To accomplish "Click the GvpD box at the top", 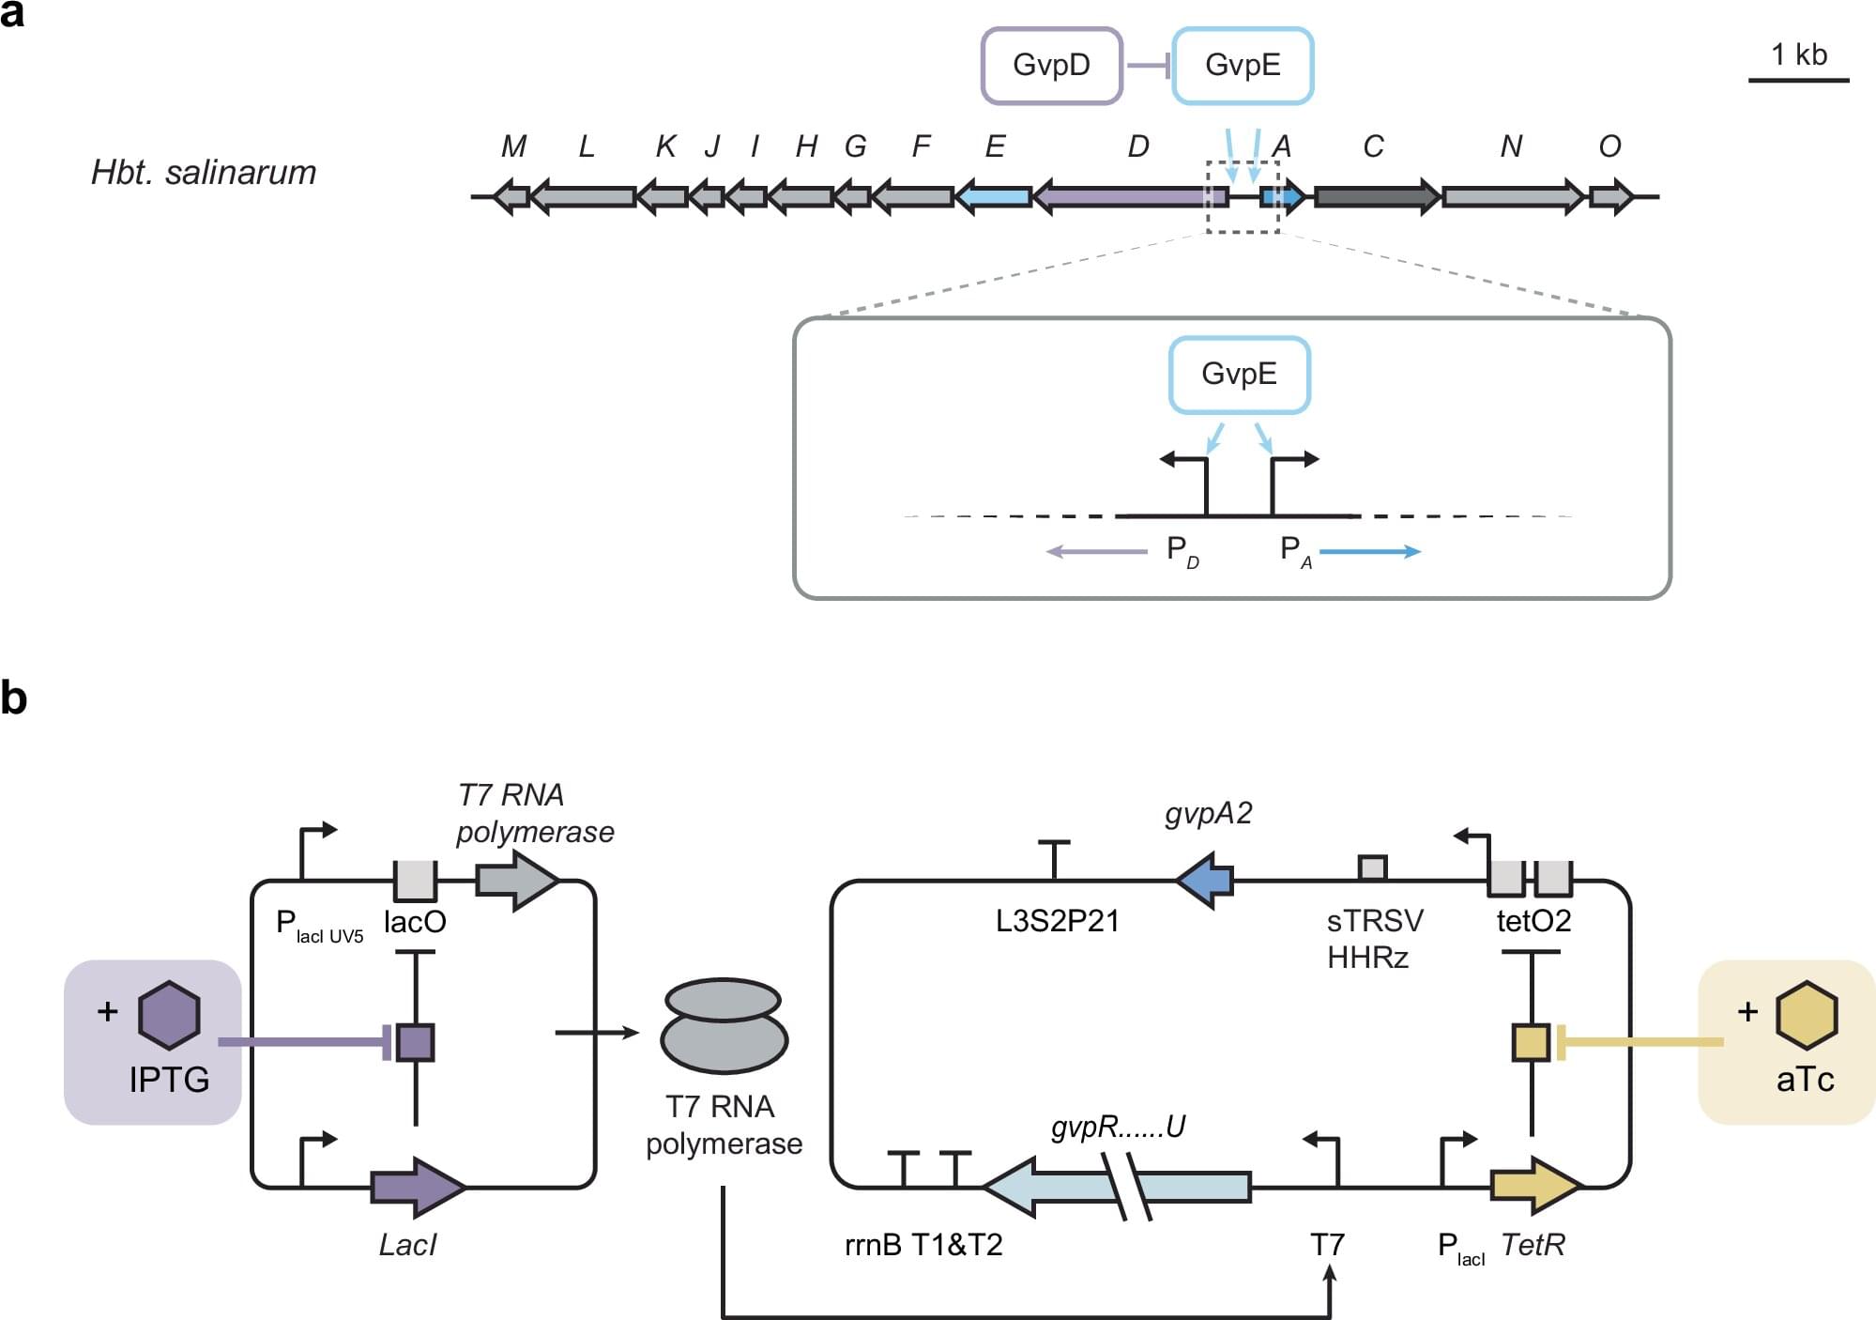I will [x=1051, y=66].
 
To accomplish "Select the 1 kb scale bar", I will [x=1798, y=80].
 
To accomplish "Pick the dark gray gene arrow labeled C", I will [x=1376, y=197].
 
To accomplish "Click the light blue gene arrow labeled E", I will [x=994, y=197].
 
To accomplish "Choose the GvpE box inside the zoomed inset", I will [x=1239, y=375].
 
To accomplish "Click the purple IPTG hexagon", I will [x=169, y=1015].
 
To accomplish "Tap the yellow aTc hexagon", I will [x=1806, y=1015].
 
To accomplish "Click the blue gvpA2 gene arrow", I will [x=1205, y=881].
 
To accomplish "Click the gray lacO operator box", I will [x=415, y=881].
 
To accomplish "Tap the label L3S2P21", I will [x=1058, y=922].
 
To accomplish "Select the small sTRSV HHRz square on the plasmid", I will [x=1373, y=868].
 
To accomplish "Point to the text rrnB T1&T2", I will [x=923, y=1246].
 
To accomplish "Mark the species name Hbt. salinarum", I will [x=204, y=174].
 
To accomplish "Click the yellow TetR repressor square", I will [x=1531, y=1043].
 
